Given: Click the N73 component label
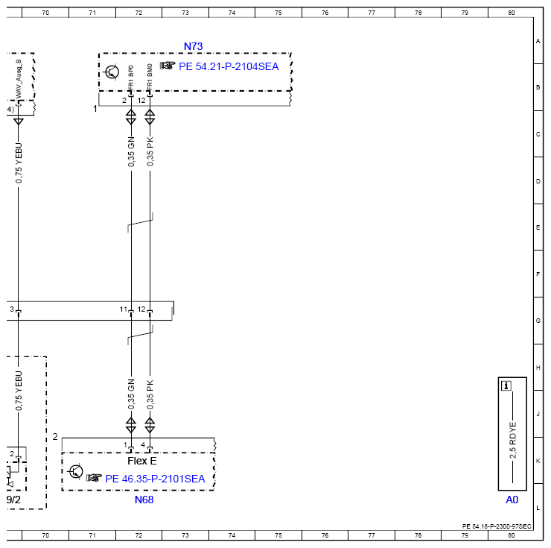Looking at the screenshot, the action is click(194, 46).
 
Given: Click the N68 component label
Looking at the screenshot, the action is click(144, 500).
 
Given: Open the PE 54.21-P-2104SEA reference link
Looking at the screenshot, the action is click(229, 66).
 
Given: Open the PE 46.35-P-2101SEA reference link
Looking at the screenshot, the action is click(155, 479).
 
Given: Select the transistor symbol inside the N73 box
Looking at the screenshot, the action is click(112, 72).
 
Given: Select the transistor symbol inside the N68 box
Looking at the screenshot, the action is click(75, 472).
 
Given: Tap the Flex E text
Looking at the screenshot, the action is click(142, 461).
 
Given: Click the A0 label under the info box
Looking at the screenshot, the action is click(512, 500).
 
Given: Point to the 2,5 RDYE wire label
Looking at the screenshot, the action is click(513, 441).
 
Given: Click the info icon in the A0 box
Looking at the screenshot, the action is click(506, 386).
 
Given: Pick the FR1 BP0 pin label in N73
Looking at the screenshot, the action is click(131, 77).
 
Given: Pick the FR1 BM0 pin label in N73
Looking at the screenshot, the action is click(150, 77).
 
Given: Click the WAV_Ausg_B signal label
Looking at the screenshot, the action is click(19, 79).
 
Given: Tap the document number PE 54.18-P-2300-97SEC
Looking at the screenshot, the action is click(497, 526).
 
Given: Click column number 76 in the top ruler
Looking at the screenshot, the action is click(325, 13).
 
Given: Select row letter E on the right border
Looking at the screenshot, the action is click(538, 227).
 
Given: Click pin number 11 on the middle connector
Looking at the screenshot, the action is click(124, 309).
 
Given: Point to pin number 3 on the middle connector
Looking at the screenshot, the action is click(12, 309).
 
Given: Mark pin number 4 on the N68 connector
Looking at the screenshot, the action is click(143, 445).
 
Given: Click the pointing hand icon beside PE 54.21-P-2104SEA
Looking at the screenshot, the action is click(168, 66).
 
